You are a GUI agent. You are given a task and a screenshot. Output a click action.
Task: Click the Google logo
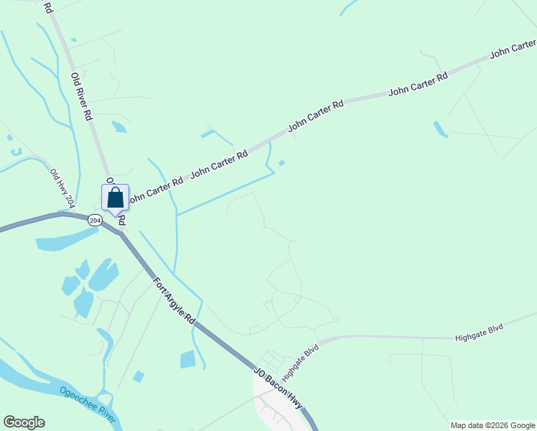click(24, 422)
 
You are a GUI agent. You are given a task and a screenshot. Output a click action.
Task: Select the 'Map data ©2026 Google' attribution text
click(493, 425)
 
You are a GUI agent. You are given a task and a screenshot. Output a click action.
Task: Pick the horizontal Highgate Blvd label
click(479, 332)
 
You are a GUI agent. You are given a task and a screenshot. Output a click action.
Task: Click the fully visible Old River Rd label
click(82, 96)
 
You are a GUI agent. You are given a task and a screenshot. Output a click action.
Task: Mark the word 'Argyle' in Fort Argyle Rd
click(175, 298)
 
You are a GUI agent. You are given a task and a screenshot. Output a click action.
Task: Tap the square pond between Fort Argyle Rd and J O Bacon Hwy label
click(187, 359)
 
